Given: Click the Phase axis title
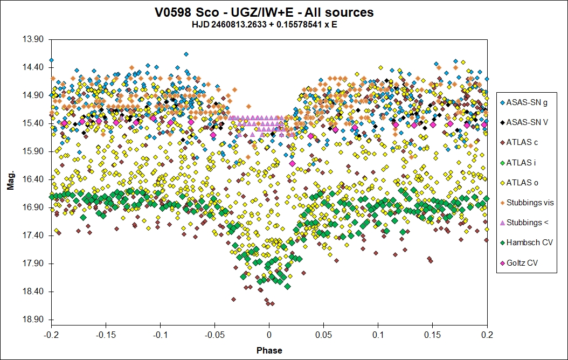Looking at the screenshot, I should pos(269,350).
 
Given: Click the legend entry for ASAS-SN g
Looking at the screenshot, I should pos(527,102).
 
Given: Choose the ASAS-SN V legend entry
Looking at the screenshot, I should pos(527,122).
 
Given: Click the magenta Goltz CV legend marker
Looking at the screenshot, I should pos(503,262).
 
